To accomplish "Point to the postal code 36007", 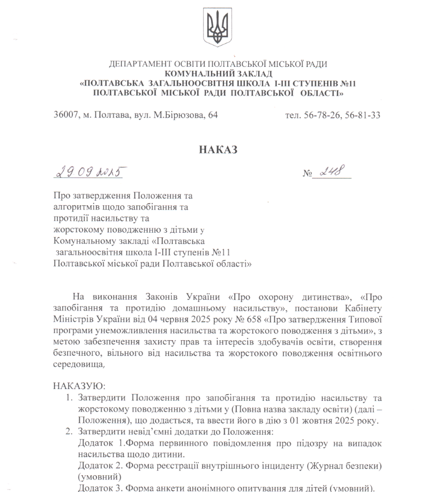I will coord(66,115).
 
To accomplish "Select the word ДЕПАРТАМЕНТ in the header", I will coord(138,64).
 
